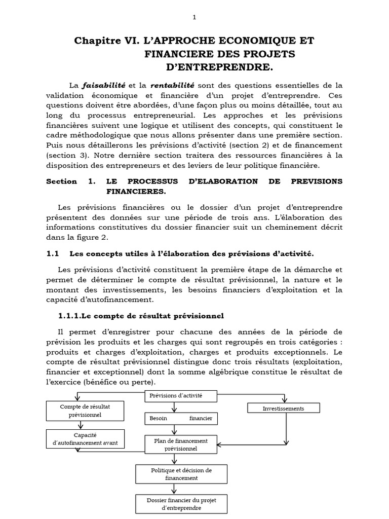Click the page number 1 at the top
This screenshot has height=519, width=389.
coord(194,17)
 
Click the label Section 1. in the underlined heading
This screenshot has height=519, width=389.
coord(71,181)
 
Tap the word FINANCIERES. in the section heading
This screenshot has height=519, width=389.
coord(136,192)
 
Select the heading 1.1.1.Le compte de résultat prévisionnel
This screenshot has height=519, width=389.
coord(141,315)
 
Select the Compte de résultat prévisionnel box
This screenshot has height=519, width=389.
coord(85,411)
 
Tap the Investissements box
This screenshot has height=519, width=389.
coord(284,408)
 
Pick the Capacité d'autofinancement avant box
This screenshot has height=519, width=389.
coord(85,439)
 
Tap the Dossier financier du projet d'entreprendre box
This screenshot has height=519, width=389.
coord(181,504)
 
